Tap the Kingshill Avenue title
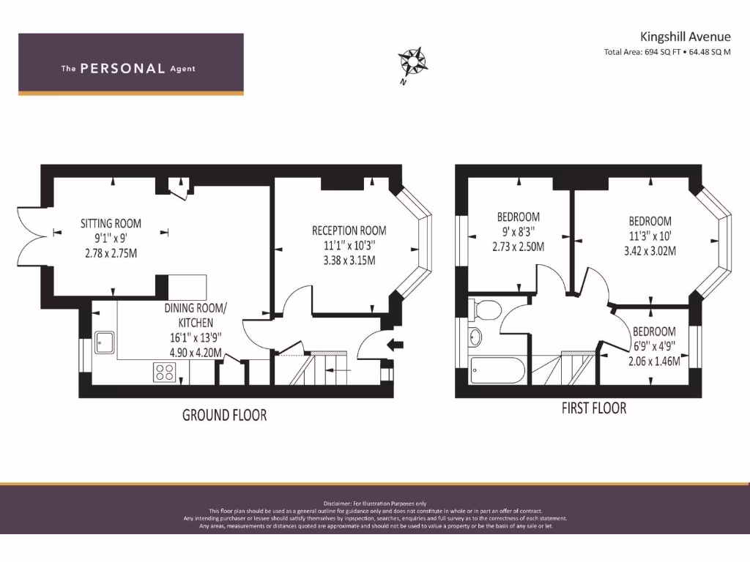(685, 37)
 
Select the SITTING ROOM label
(111, 223)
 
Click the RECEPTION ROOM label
(349, 231)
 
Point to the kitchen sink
(104, 341)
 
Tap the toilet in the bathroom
(484, 310)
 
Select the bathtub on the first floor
(497, 371)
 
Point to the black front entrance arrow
(395, 345)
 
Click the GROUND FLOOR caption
(224, 415)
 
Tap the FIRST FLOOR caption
(594, 408)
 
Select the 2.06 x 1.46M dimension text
(654, 361)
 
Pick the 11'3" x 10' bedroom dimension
(650, 236)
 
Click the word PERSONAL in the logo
(122, 69)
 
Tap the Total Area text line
(667, 52)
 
